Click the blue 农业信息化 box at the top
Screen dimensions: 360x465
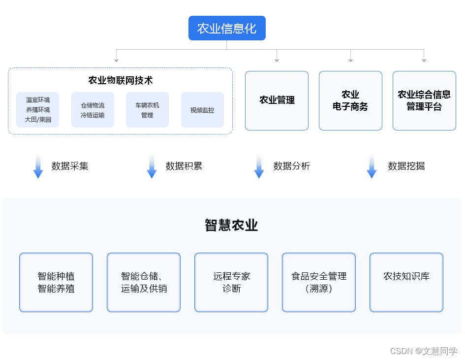tap(227, 28)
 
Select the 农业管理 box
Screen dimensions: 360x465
tap(277, 100)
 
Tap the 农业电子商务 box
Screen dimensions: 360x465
tap(350, 100)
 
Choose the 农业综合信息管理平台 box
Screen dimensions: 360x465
tap(424, 100)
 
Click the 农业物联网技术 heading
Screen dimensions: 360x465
tap(120, 80)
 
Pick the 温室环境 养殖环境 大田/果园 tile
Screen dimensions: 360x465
tap(38, 110)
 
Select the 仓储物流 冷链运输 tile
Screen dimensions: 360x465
tap(93, 110)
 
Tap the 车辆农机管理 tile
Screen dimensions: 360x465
tap(147, 110)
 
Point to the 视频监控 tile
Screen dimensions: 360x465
tap(202, 110)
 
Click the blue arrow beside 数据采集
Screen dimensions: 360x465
tap(38, 166)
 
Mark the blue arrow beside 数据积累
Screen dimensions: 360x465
tap(152, 166)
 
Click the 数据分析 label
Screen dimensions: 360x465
tap(292, 166)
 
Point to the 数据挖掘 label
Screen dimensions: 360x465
tap(406, 166)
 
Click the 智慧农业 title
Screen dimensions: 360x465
tap(231, 226)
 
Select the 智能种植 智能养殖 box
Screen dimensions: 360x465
tap(56, 282)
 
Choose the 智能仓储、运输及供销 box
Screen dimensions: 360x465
tap(144, 282)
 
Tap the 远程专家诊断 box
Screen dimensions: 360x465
tap(231, 282)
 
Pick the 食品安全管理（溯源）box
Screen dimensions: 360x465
tap(319, 282)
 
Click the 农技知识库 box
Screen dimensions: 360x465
tap(406, 282)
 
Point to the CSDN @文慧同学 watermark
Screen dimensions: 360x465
tap(424, 351)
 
